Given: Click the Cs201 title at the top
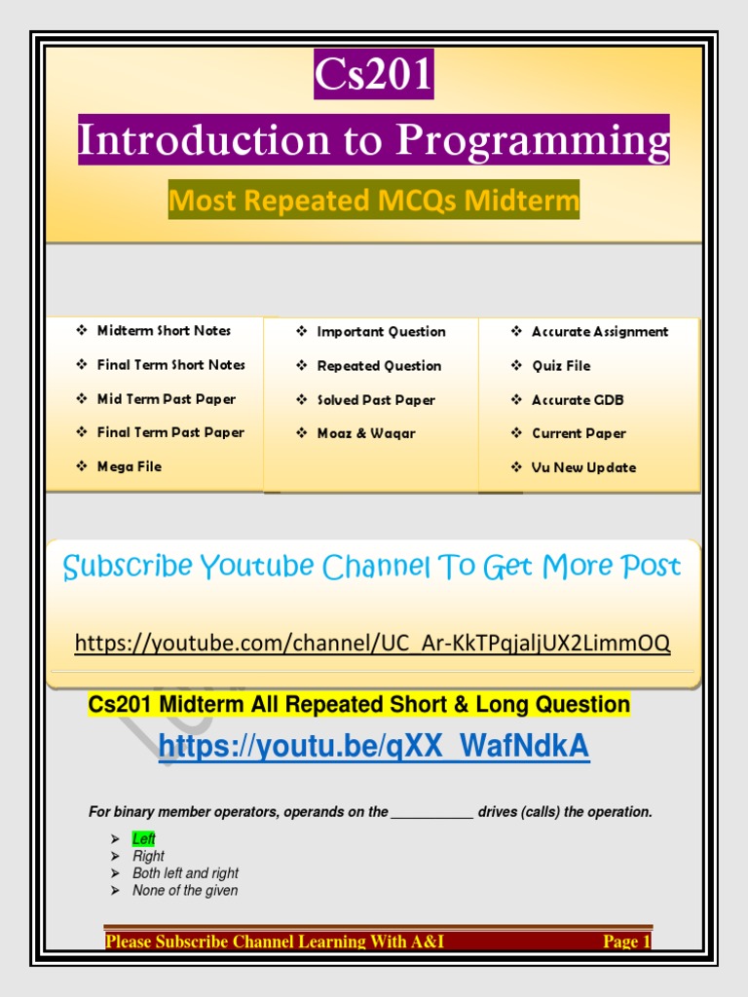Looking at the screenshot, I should click(373, 75).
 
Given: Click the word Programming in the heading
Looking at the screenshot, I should click(534, 140).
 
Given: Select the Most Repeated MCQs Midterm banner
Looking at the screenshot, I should click(373, 201).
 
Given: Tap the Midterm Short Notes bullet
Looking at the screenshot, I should click(164, 331).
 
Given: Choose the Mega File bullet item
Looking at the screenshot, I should click(129, 466).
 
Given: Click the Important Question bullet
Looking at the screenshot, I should click(381, 332).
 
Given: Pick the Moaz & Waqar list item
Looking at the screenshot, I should click(366, 433).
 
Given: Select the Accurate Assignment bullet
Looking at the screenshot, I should click(599, 332).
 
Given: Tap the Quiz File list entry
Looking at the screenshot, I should click(560, 366).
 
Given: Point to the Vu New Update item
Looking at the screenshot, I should click(583, 467).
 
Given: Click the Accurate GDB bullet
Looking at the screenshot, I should click(578, 400).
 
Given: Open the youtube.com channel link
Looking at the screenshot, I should click(373, 644).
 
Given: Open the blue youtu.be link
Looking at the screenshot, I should click(373, 747).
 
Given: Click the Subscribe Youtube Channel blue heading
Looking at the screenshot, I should click(371, 567).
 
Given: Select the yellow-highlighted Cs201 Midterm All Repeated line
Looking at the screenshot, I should click(359, 704).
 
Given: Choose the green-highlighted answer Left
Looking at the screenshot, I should click(144, 839).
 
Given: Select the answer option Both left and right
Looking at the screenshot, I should click(185, 873).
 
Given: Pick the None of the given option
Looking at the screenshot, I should click(185, 890).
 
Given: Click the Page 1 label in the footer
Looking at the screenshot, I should click(625, 942).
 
